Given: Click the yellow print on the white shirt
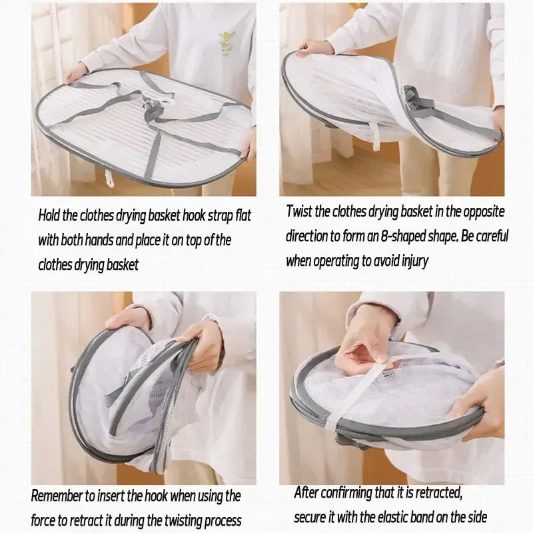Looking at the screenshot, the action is (227, 43).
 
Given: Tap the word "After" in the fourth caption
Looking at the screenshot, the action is (306, 492).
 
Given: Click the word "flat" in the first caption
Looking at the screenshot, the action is (243, 215).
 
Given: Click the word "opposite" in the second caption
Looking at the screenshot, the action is (484, 211).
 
